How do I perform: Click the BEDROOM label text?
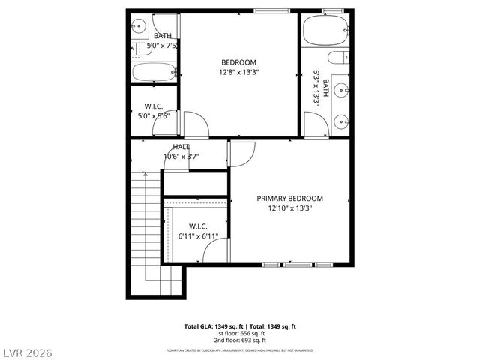pos(238,62)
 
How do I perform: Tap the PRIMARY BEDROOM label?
pos(289,199)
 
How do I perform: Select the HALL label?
pos(181,147)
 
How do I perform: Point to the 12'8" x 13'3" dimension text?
pos(238,73)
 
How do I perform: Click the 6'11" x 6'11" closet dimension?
pos(198,236)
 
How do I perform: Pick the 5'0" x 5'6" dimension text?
pos(152,116)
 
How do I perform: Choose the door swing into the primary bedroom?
pos(241,154)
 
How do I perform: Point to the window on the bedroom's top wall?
pos(272,11)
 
